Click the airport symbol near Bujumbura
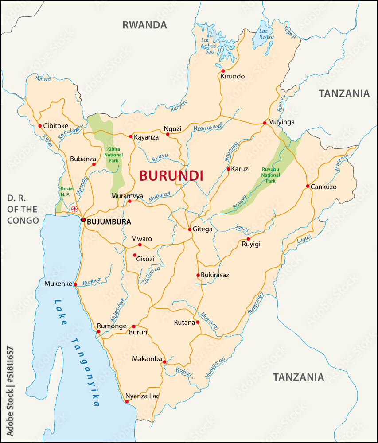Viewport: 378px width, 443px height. pyautogui.click(x=74, y=209)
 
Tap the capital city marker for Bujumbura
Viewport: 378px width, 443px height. pyautogui.click(x=83, y=220)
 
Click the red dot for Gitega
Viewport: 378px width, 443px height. pyautogui.click(x=190, y=229)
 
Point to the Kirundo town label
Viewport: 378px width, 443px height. pyautogui.click(x=232, y=76)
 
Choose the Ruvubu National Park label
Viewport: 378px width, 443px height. pyautogui.click(x=270, y=175)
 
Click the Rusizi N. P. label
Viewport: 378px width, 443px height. pyautogui.click(x=65, y=191)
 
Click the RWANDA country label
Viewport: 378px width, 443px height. pyautogui.click(x=144, y=25)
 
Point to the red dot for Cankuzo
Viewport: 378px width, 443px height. pyautogui.click(x=307, y=186)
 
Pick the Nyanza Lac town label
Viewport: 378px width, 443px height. pyautogui.click(x=142, y=396)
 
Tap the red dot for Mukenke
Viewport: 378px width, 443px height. pyautogui.click(x=75, y=284)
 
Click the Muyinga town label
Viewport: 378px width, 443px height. pyautogui.click(x=281, y=122)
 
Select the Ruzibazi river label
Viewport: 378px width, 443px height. pyautogui.click(x=92, y=281)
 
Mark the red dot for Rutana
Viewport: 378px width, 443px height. pyautogui.click(x=198, y=322)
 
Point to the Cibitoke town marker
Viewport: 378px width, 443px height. pyautogui.click(x=40, y=126)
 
